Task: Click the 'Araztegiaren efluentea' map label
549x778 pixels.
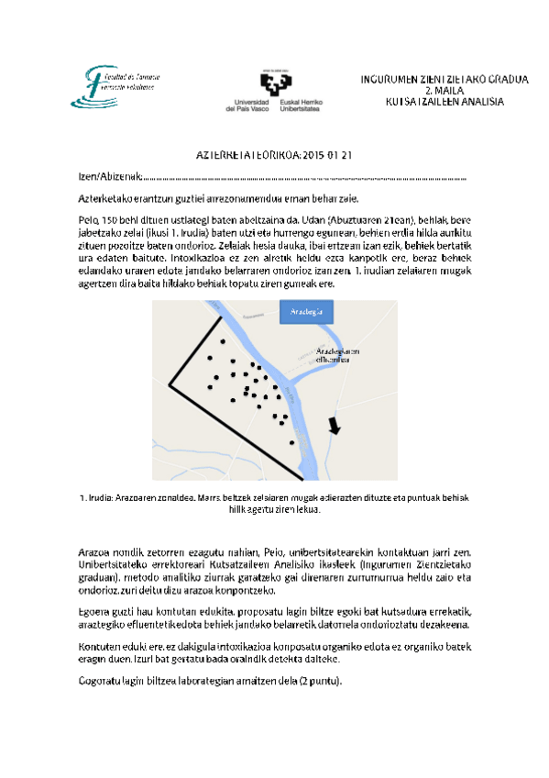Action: point(337,356)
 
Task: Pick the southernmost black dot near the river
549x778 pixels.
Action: point(292,442)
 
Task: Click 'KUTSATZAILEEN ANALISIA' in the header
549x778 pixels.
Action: point(444,102)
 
